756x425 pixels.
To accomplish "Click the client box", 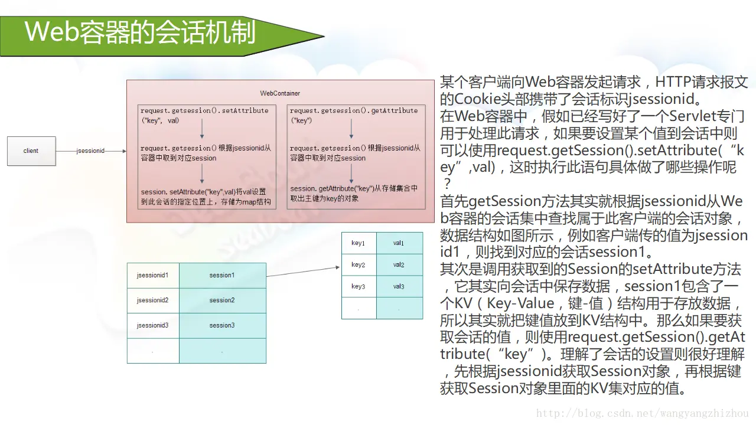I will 31,151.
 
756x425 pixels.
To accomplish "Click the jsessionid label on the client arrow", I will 90,151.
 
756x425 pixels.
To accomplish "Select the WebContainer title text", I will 280,93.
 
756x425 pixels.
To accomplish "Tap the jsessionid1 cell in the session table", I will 153,275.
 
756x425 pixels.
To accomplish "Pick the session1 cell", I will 222,275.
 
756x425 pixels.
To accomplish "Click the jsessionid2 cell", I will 153,300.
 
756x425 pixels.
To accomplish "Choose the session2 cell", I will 222,300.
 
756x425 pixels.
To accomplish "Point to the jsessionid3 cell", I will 153,325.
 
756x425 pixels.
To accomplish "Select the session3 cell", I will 222,325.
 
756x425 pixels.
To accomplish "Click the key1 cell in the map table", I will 359,243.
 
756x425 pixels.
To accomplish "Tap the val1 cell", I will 399,243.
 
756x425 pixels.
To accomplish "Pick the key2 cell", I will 359,265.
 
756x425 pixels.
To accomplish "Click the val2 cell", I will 399,265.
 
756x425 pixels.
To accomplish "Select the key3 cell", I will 359,287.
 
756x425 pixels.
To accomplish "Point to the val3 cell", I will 399,287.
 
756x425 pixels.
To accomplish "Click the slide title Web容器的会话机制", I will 141,32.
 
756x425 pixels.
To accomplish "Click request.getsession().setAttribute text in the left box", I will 204,110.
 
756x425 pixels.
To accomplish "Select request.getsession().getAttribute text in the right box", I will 354,110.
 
